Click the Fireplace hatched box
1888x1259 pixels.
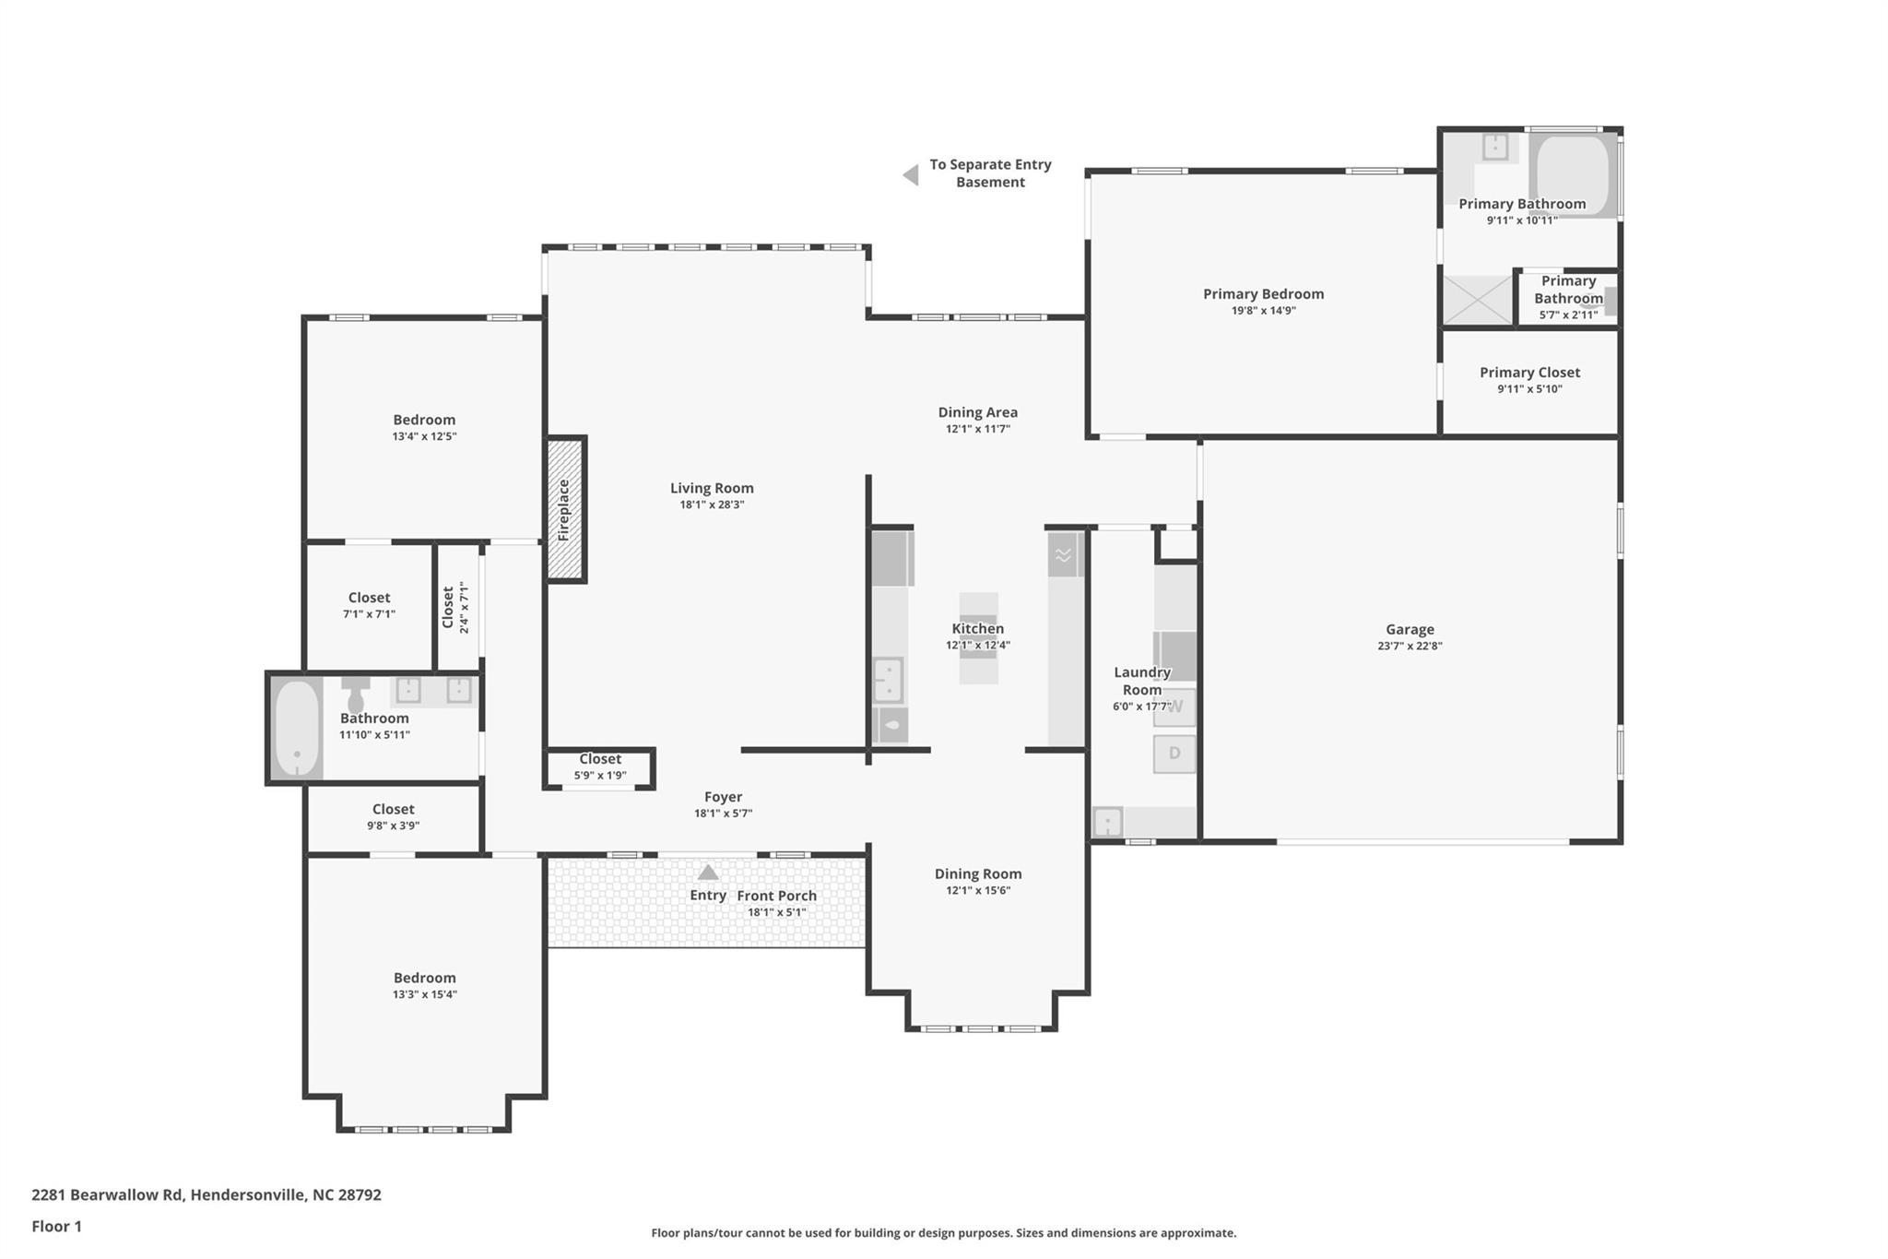564,508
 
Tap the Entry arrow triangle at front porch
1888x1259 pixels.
707,873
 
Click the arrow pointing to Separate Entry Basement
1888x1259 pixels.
911,174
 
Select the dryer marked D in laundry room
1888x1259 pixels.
1174,754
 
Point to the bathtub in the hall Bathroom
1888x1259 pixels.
297,728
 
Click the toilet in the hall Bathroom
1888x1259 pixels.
355,695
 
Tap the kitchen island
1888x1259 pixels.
978,637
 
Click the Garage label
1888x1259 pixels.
1409,629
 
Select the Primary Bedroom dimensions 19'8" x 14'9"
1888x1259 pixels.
1263,311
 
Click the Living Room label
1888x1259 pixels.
711,488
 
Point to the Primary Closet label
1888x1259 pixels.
1529,372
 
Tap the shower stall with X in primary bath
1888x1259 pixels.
1477,300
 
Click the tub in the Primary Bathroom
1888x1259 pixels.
1573,175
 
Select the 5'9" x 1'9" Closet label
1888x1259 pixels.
600,766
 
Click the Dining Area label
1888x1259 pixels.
977,412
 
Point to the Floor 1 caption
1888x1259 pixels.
56,1226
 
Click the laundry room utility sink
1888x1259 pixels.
1107,821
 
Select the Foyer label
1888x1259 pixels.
723,797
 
